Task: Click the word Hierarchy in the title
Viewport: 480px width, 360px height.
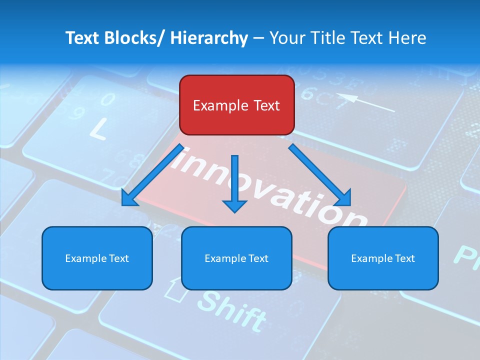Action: (209, 38)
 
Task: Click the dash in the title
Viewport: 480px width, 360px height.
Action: (258, 38)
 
